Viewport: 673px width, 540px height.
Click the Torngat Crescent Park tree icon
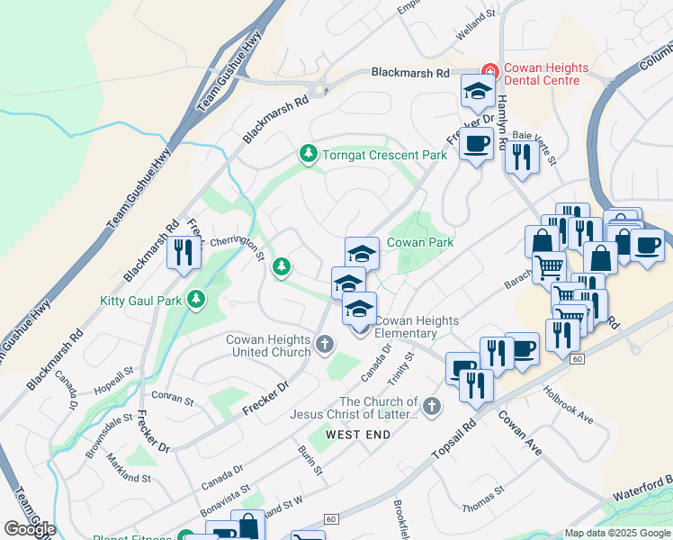(x=309, y=155)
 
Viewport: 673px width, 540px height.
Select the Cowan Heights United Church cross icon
(x=325, y=343)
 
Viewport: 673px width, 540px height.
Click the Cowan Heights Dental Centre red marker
(x=489, y=70)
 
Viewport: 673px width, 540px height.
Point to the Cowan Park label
(x=419, y=242)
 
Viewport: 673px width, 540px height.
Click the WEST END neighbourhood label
(x=358, y=435)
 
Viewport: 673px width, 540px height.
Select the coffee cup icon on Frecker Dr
(x=476, y=143)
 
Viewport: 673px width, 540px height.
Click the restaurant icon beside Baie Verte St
(x=521, y=157)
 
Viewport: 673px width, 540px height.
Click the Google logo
(x=29, y=528)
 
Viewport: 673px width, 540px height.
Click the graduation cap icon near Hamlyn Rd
(x=478, y=90)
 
